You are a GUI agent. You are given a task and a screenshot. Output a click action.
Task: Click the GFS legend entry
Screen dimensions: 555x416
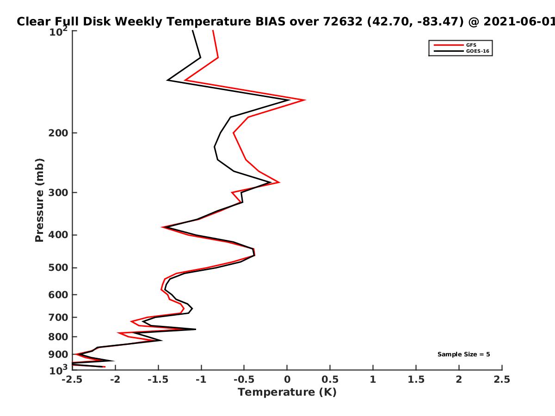tap(455, 45)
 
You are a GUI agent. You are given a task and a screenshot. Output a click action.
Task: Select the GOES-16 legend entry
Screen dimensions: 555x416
tap(462, 51)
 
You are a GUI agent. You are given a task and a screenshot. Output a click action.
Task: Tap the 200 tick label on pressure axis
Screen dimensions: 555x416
tap(58, 133)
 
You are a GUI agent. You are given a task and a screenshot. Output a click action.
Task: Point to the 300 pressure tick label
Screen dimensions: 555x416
tap(58, 193)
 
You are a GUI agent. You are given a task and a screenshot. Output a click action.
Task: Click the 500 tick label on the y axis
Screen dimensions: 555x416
tap(58, 268)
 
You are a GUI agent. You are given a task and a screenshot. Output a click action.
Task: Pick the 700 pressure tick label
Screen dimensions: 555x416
tap(58, 318)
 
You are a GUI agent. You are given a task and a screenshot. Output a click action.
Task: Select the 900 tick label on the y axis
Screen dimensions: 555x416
tap(58, 355)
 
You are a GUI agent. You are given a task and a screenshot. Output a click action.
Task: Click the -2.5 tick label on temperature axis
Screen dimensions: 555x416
tap(72, 379)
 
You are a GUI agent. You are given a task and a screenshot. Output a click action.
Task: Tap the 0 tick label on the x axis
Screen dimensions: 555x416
tap(287, 379)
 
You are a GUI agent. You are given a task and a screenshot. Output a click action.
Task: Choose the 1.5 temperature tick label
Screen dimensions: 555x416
tap(416, 379)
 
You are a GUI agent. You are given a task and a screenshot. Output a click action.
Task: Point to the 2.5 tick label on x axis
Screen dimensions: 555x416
tap(502, 379)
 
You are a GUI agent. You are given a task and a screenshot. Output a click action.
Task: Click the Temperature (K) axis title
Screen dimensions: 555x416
tap(287, 392)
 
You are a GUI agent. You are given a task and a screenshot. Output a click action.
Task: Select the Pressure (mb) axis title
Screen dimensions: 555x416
tap(39, 200)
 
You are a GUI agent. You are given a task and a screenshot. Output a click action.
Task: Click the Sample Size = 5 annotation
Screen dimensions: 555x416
tap(464, 355)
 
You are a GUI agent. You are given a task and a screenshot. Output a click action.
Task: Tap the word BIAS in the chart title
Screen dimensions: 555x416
tap(270, 22)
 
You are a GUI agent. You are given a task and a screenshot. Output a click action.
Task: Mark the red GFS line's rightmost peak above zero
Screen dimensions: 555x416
tap(305, 100)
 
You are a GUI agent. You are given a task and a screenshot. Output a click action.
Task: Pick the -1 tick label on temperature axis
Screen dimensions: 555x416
tap(201, 379)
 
